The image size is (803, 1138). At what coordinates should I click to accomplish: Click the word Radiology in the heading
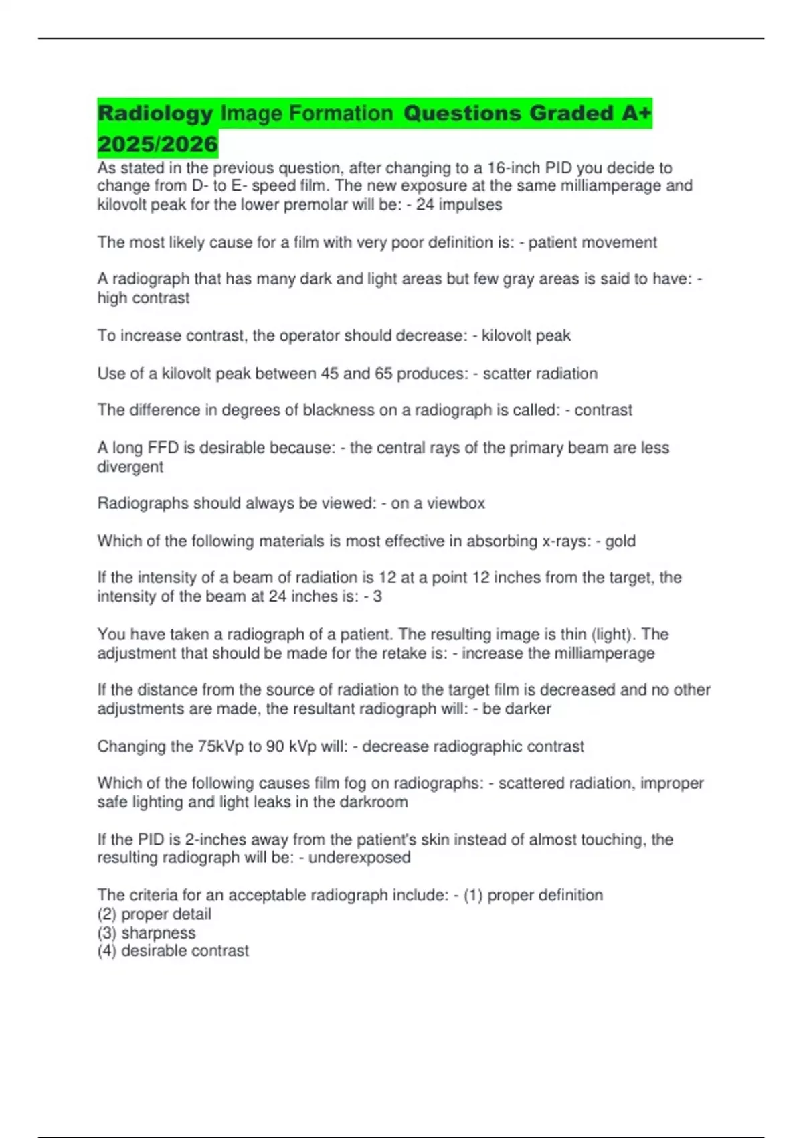click(155, 114)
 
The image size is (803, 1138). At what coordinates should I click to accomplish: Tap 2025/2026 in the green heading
click(158, 144)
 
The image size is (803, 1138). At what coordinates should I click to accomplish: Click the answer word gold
click(620, 541)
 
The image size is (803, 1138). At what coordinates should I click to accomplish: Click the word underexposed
click(359, 858)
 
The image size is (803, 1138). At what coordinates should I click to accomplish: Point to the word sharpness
click(159, 932)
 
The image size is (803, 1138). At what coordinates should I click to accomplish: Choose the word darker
click(527, 709)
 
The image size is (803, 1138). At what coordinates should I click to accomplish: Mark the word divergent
click(130, 467)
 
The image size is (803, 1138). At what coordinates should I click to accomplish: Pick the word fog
click(355, 783)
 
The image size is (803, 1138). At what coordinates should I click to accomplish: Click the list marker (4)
click(107, 951)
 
